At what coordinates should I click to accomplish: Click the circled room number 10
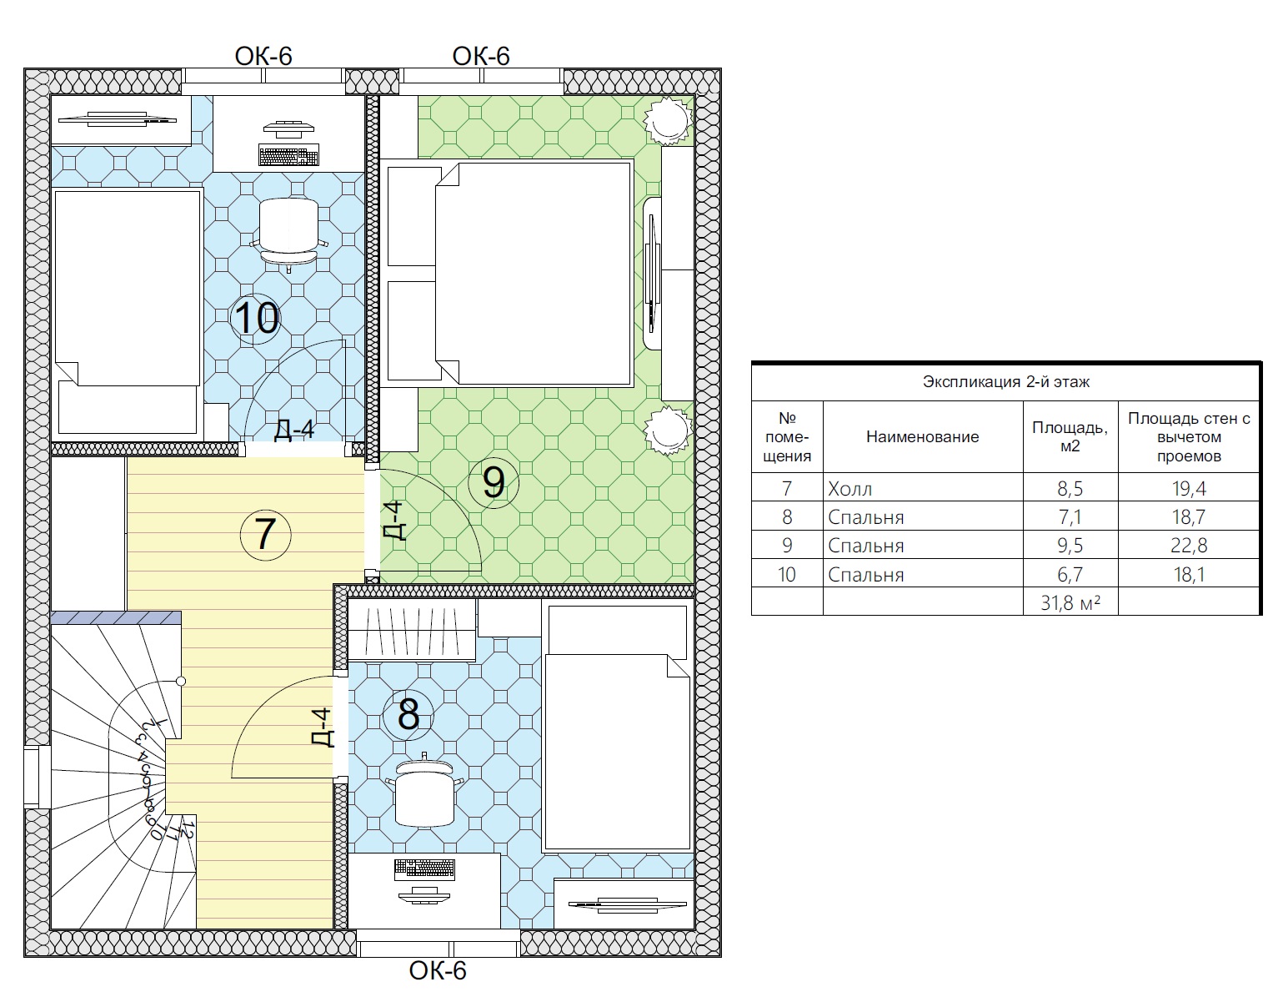pos(255,318)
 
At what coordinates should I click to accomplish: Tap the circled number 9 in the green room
pos(494,483)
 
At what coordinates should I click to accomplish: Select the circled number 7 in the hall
pos(265,535)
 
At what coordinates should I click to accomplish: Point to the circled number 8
pos(408,715)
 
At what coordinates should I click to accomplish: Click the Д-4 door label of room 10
pos(294,430)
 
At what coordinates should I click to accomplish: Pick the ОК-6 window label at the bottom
pos(438,970)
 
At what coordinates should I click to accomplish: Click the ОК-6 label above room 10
pos(263,56)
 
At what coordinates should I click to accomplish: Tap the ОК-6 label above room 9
pos(481,56)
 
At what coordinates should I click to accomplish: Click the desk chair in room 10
pos(288,234)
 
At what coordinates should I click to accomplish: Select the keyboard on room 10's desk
pos(288,155)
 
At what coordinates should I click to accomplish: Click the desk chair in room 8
pos(424,790)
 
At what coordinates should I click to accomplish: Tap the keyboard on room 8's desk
pos(424,869)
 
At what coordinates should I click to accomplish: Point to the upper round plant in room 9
pos(668,120)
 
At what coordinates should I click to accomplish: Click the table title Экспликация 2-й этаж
pos(1005,381)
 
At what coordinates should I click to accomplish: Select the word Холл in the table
pos(849,488)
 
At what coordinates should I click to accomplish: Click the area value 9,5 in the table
pos(1070,545)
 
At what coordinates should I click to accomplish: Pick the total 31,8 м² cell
pos(1070,602)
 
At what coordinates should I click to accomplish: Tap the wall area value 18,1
pos(1189,574)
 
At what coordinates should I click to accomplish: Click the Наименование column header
pos(922,437)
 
